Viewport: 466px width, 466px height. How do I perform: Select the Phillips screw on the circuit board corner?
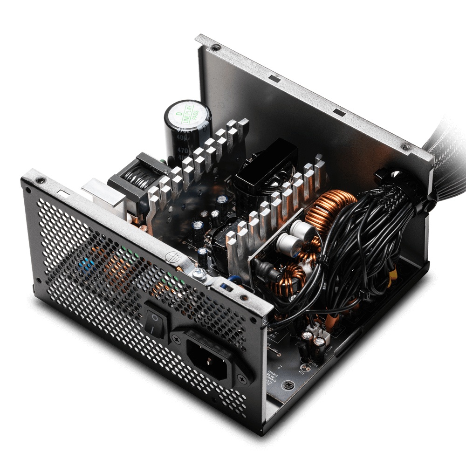point(290,385)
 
